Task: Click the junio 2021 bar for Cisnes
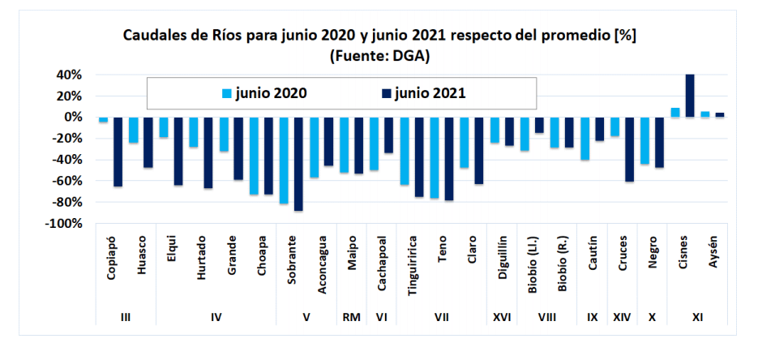coord(690,96)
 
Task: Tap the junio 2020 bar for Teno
coord(434,157)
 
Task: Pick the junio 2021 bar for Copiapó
coord(118,152)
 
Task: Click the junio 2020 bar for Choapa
coord(254,156)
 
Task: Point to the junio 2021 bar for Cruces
coord(629,149)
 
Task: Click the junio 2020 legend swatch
coord(227,94)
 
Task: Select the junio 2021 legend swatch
coord(388,94)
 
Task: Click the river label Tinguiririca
coord(413,264)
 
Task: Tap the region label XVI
coord(502,318)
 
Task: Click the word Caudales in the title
coord(152,36)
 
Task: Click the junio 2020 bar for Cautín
coord(585,139)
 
